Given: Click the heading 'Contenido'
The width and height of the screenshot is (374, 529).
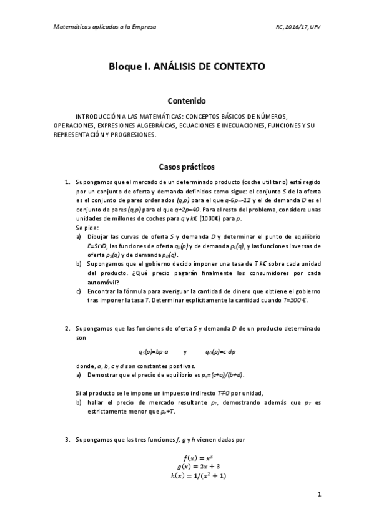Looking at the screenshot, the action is point(187,100).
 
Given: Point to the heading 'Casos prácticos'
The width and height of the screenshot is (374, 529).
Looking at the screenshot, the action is point(187,167).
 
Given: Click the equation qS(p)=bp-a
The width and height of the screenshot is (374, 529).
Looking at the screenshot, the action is point(153,352).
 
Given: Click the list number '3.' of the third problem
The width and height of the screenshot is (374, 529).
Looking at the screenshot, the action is point(67,440).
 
